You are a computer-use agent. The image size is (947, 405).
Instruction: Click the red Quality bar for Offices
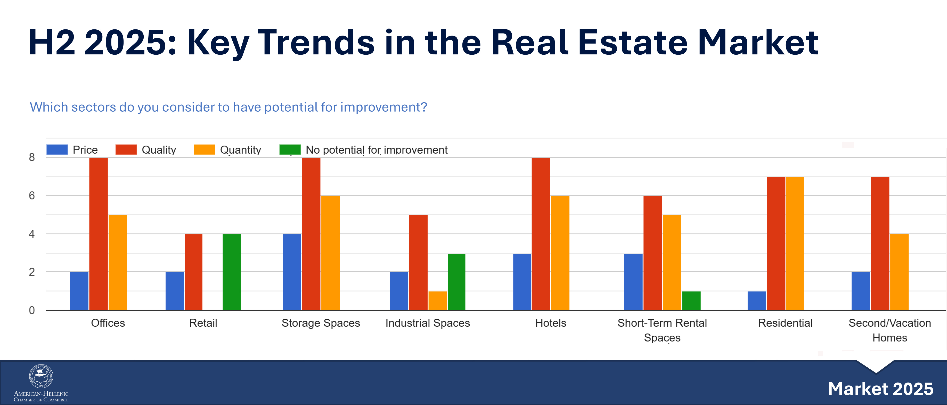click(99, 234)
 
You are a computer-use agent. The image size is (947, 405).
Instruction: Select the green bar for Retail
click(232, 272)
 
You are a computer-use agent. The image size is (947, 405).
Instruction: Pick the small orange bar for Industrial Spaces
click(437, 301)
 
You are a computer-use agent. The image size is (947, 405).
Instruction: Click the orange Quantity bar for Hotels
click(560, 253)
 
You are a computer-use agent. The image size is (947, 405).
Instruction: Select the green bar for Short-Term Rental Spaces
click(691, 301)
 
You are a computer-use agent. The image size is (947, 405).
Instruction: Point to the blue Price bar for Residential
click(757, 301)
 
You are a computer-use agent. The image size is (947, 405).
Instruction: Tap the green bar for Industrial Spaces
click(456, 282)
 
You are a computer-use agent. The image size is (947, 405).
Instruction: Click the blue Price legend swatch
click(57, 150)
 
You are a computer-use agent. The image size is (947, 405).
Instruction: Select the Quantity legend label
click(240, 150)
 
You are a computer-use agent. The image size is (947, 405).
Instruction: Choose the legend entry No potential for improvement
click(377, 150)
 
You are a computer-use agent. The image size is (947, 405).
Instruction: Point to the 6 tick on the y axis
click(32, 195)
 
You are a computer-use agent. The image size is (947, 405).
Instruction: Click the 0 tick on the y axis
click(32, 310)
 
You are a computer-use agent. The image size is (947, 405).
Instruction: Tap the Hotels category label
click(550, 323)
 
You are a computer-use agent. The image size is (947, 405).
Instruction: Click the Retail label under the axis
click(203, 323)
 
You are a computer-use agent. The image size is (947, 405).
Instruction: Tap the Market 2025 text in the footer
click(880, 389)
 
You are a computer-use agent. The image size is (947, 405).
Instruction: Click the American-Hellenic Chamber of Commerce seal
click(41, 376)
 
